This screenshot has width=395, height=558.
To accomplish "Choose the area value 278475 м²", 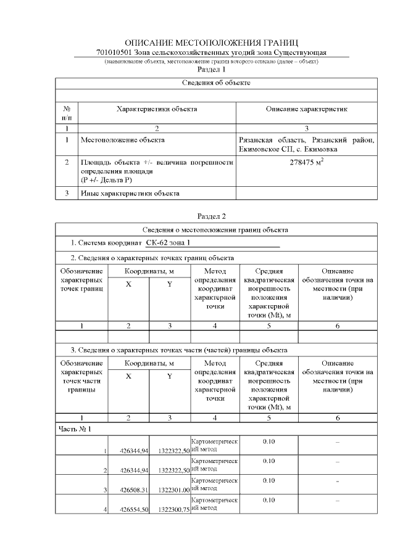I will (307, 163).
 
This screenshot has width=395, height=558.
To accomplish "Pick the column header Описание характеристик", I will (307, 109).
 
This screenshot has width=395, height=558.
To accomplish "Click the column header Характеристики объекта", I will (157, 109).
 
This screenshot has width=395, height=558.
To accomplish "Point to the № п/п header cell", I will (67, 113).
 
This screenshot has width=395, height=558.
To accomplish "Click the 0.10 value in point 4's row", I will (268, 500).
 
